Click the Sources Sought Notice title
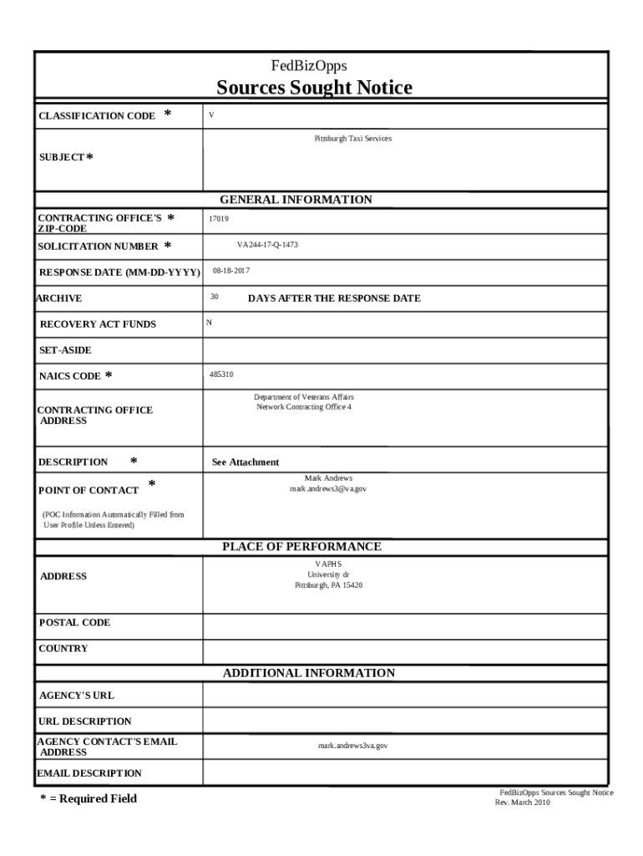point(314,88)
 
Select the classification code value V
point(212,115)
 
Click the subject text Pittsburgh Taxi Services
point(352,138)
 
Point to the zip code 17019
point(219,219)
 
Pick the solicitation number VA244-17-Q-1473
point(267,245)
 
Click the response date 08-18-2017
point(230,271)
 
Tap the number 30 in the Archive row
point(215,297)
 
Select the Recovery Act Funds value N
point(209,323)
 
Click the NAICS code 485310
point(221,374)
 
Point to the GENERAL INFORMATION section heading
point(296,200)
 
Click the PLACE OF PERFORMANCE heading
point(301,547)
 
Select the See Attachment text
point(246,462)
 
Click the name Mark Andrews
point(328,478)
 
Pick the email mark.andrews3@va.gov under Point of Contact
point(327,488)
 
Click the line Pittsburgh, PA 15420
point(328,585)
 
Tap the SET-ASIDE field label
point(65,350)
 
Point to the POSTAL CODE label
point(74,623)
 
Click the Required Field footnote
point(89,798)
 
